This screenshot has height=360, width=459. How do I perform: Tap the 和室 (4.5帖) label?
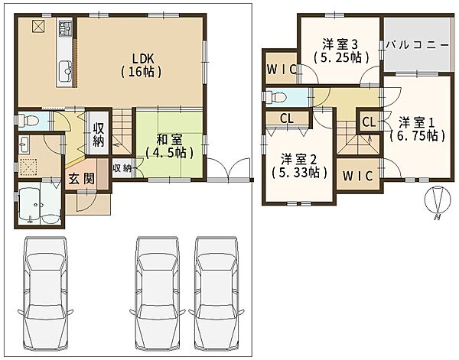pyautogui.click(x=170, y=146)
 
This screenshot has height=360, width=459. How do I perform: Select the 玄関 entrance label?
pyautogui.click(x=82, y=178)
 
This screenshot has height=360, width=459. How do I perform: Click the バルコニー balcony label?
pyautogui.click(x=417, y=45)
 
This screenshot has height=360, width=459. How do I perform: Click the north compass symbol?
pyautogui.click(x=438, y=200)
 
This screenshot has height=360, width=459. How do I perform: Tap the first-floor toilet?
pyautogui.click(x=29, y=120)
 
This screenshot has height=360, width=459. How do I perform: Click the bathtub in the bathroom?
pyautogui.click(x=30, y=203)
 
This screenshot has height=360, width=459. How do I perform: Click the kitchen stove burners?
pyautogui.click(x=66, y=28)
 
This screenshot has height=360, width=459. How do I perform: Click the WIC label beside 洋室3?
pyautogui.click(x=282, y=70)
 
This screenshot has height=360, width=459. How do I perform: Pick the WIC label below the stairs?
pyautogui.click(x=358, y=176)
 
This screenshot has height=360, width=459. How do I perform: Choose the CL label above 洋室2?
pyautogui.click(x=287, y=118)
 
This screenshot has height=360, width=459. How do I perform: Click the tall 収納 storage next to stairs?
pyautogui.click(x=99, y=135)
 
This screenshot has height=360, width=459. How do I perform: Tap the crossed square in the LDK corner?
pyautogui.click(x=38, y=27)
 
